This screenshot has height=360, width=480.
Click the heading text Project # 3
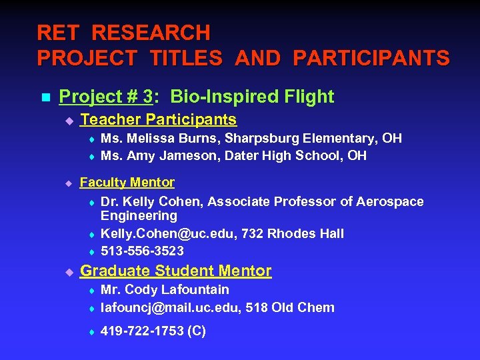click(x=106, y=97)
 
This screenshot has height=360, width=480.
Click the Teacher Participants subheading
click(x=158, y=120)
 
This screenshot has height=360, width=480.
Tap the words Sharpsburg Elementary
click(x=299, y=138)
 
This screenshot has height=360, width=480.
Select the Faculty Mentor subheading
click(x=127, y=182)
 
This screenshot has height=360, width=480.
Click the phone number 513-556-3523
click(x=142, y=251)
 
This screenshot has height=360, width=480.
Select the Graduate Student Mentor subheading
click(x=175, y=271)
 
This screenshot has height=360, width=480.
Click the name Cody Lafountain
click(x=177, y=289)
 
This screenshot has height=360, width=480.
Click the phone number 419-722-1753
click(x=142, y=331)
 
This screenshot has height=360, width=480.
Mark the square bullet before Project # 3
click(x=45, y=97)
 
